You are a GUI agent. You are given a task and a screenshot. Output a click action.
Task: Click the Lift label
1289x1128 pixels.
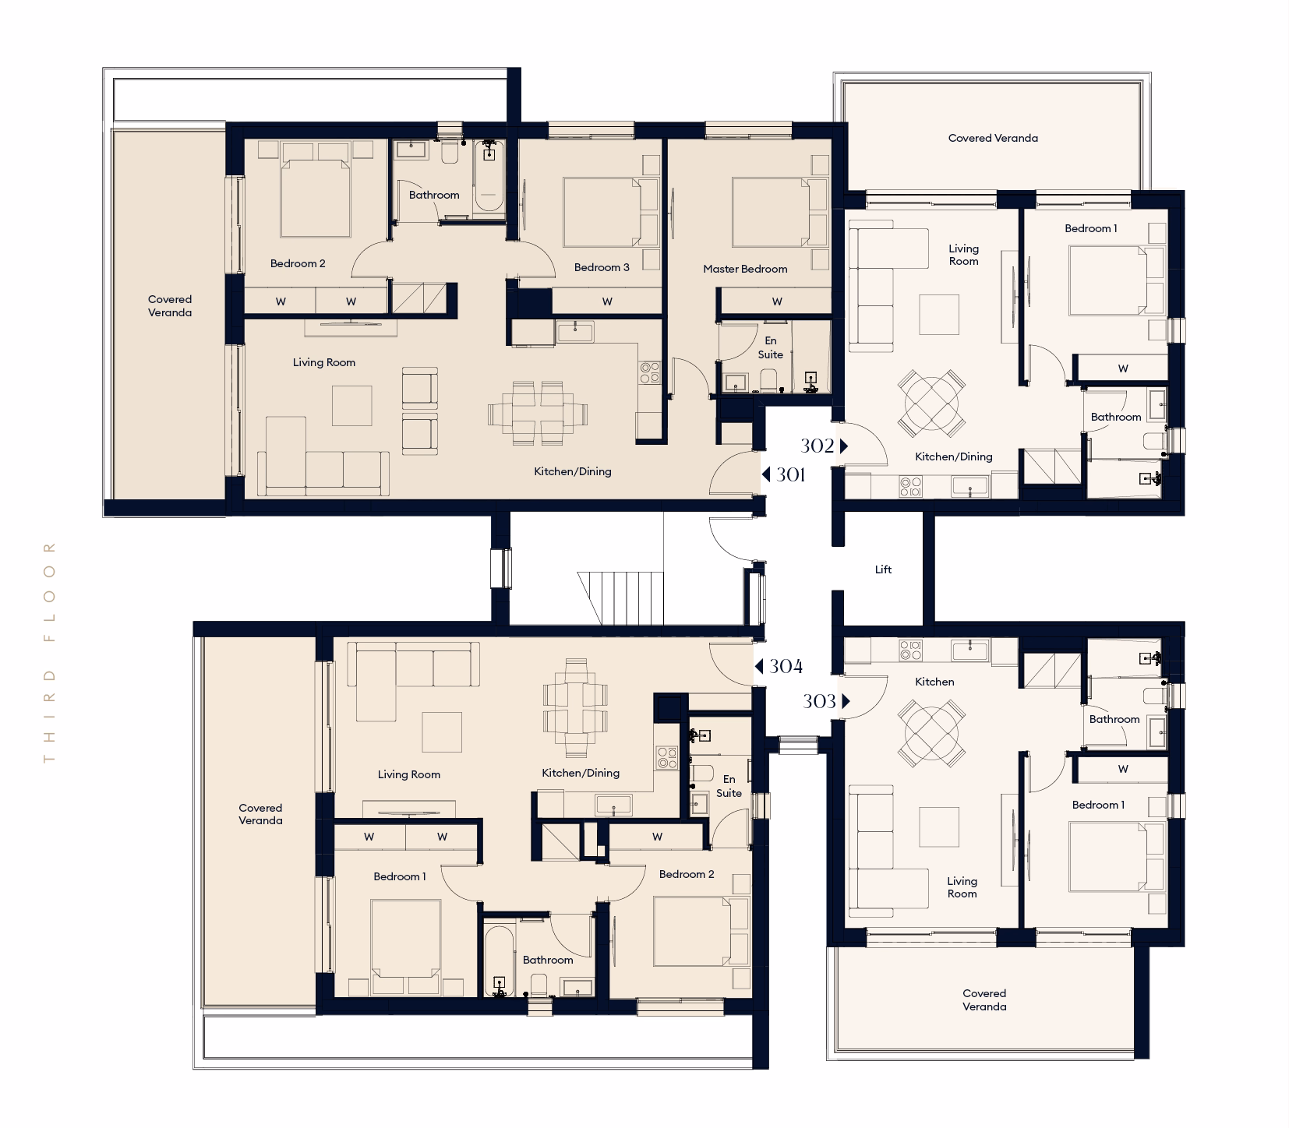(883, 569)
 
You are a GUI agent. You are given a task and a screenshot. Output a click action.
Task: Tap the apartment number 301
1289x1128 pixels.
(790, 474)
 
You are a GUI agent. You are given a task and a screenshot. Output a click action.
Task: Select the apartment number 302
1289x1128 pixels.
(818, 446)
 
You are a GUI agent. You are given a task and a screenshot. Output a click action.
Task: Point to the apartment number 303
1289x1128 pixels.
(819, 701)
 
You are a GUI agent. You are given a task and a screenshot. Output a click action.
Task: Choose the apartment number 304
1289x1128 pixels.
(786, 666)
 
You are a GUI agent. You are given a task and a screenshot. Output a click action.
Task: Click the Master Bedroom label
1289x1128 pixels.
(745, 269)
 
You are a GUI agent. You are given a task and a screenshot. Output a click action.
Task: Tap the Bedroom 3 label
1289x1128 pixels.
(602, 267)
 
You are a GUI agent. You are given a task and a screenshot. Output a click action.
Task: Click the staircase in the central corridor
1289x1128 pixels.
(620, 597)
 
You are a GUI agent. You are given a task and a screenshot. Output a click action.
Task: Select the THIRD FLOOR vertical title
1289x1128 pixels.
(51, 652)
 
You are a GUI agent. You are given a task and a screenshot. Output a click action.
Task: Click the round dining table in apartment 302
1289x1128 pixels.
(931, 404)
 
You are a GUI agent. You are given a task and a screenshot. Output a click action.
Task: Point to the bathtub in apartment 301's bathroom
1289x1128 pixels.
(489, 177)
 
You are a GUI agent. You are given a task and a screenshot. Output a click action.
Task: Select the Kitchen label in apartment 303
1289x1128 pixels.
(934, 682)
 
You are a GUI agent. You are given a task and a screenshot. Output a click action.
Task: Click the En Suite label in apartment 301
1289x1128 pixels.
(771, 347)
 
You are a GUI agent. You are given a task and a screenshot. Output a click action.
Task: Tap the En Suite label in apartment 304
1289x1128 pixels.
(729, 786)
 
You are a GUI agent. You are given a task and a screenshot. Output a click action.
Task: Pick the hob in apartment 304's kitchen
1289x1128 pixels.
(666, 758)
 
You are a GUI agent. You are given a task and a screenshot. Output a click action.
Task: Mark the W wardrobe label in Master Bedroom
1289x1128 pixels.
(777, 301)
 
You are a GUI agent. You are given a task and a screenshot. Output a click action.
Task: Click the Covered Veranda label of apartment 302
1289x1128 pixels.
(993, 138)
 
